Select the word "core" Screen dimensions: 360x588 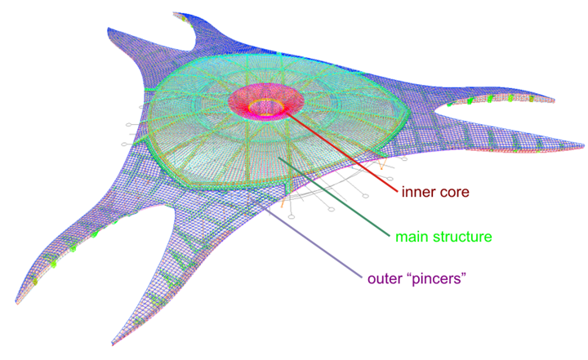(457, 193)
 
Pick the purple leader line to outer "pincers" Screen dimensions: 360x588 (318, 237)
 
